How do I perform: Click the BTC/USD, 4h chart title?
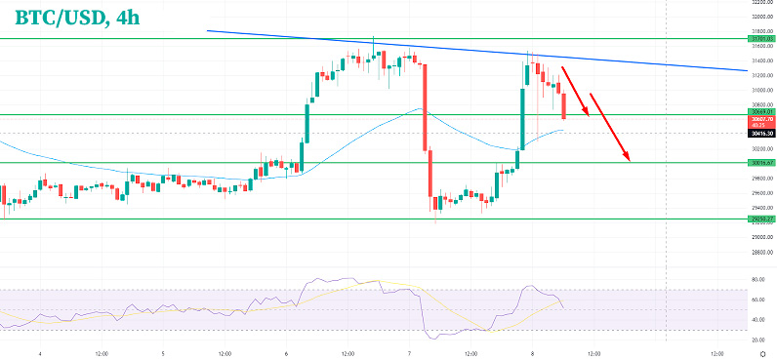pos(73,17)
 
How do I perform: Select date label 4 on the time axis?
pos(39,352)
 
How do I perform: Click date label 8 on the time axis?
pos(532,352)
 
